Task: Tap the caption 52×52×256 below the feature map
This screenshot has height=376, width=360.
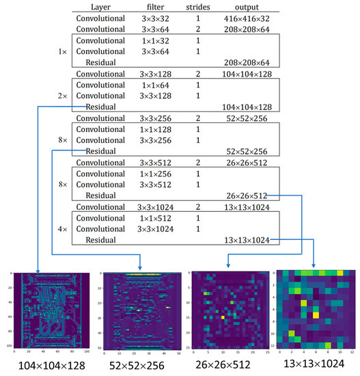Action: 139,365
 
